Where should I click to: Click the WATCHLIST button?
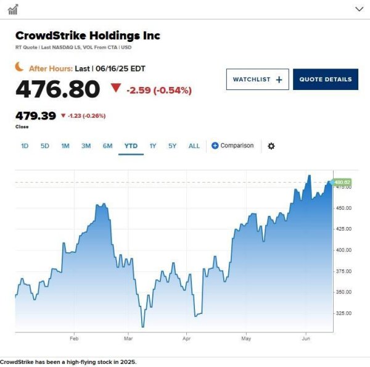(258, 80)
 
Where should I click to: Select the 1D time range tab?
(25, 146)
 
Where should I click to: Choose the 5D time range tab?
(45, 146)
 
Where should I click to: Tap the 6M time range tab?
(107, 146)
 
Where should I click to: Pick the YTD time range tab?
(131, 146)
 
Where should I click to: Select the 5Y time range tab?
(173, 146)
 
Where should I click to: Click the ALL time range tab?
(194, 146)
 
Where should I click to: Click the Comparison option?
(232, 146)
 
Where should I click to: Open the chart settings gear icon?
(271, 146)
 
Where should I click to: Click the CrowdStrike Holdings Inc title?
(88, 36)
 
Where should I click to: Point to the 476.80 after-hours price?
(57, 89)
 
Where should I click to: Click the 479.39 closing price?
(36, 115)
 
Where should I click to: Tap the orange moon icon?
(20, 67)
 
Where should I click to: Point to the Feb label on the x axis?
(74, 339)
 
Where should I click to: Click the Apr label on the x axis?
(187, 339)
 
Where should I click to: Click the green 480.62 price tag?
(342, 182)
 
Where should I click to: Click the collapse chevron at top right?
(360, 9)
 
